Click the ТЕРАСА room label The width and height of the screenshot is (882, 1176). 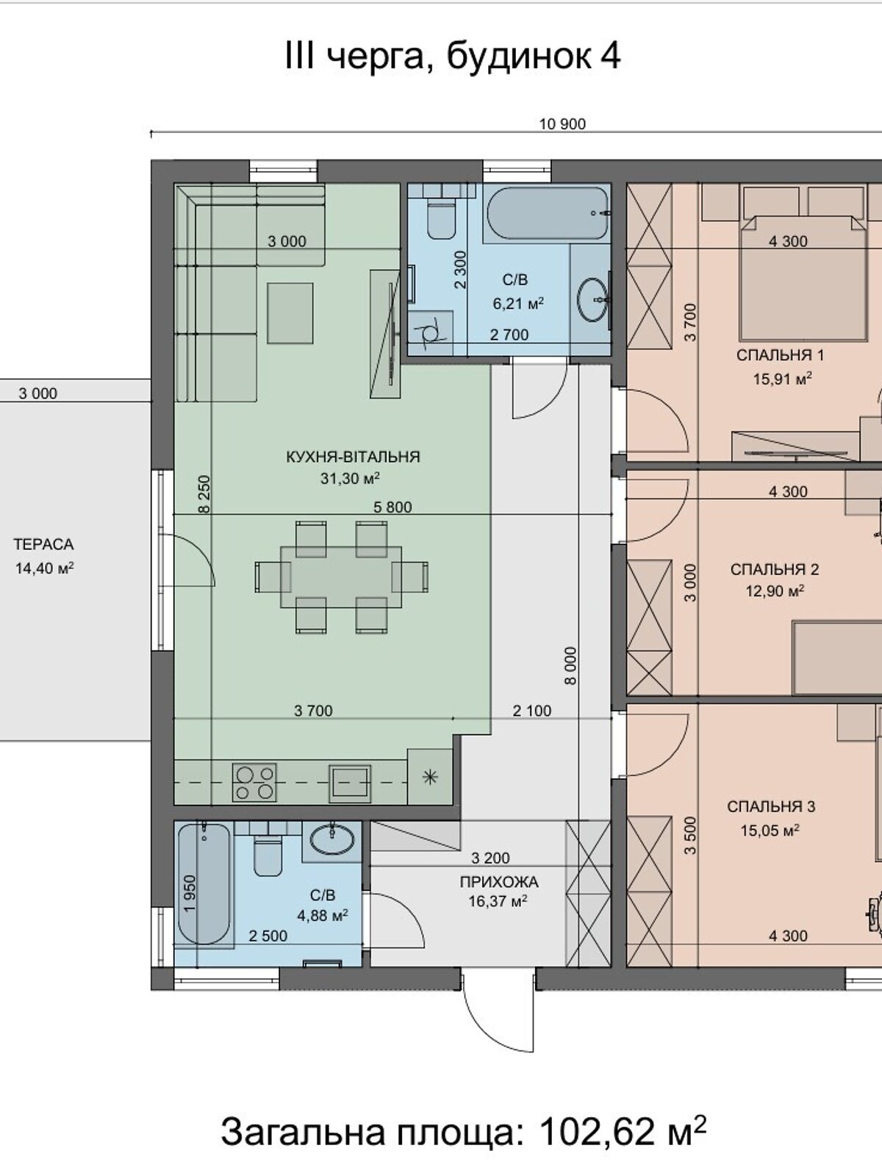pyautogui.click(x=43, y=545)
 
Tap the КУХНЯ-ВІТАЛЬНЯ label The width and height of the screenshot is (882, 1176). pyautogui.click(x=353, y=457)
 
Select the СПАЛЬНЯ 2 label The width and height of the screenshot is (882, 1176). pyautogui.click(x=775, y=569)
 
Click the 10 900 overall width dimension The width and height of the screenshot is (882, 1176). pyautogui.click(x=562, y=124)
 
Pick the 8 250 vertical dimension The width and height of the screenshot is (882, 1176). pyautogui.click(x=204, y=495)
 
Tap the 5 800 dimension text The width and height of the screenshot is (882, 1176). pyautogui.click(x=392, y=507)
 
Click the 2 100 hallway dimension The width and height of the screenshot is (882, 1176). pyautogui.click(x=531, y=711)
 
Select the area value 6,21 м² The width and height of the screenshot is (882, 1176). pyautogui.click(x=518, y=304)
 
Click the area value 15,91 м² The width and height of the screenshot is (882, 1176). pyautogui.click(x=782, y=379)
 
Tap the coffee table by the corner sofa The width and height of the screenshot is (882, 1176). pyautogui.click(x=290, y=313)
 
